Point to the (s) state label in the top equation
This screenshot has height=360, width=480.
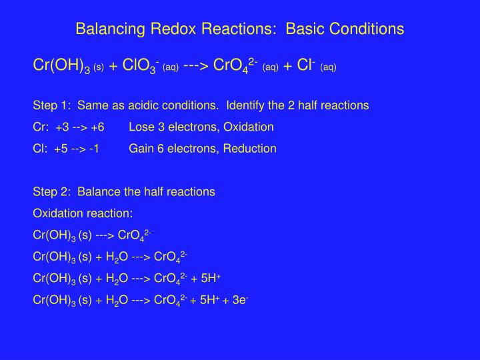coord(98,67)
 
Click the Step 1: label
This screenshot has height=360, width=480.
coord(52,106)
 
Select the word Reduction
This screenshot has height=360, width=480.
coord(251,149)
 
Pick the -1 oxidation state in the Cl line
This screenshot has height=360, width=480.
coord(91,149)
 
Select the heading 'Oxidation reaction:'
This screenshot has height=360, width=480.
coord(83,213)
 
